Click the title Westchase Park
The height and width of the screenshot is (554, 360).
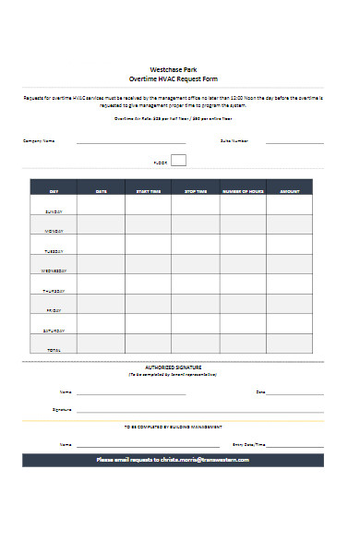[x=173, y=70]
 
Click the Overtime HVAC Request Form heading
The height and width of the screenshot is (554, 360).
[x=173, y=79]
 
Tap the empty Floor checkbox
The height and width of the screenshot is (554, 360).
[x=178, y=160]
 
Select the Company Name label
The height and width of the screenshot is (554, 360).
[x=39, y=140]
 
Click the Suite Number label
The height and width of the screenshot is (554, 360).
[x=234, y=140]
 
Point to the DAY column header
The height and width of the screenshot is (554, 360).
[x=54, y=191]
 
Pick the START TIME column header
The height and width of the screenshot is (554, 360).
[x=148, y=191]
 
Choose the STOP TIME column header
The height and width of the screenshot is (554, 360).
[x=196, y=191]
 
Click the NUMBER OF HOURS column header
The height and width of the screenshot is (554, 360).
[x=243, y=191]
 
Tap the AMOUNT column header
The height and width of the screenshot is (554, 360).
[x=290, y=191]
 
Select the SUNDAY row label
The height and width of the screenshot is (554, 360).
[x=54, y=211]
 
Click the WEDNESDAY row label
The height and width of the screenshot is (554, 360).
[x=54, y=271]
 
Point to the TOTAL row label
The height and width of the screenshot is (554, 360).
[x=54, y=350]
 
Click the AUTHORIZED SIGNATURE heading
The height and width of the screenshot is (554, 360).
[x=173, y=367]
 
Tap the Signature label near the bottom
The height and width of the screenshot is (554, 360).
[x=62, y=409]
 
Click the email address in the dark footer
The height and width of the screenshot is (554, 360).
[x=204, y=459]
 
